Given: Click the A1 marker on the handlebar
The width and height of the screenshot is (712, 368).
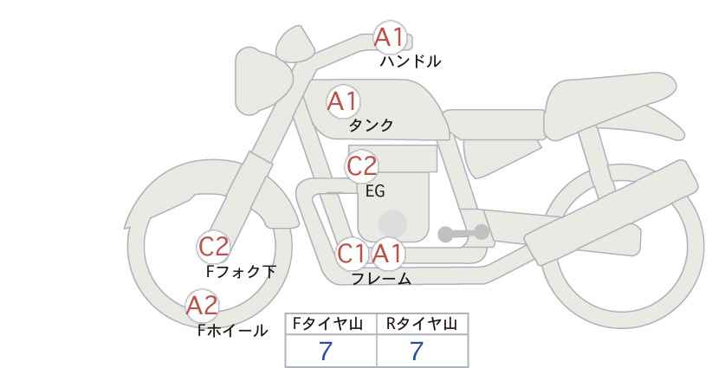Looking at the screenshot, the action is [390, 37].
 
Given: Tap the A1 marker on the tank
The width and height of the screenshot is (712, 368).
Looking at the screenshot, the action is [343, 101].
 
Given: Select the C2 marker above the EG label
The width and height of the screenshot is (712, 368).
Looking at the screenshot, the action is [362, 166].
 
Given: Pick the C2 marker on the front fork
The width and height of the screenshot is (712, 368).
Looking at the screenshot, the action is [213, 248].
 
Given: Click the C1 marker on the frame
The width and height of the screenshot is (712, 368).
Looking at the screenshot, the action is [352, 254].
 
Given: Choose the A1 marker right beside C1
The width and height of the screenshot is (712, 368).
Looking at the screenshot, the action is [387, 254].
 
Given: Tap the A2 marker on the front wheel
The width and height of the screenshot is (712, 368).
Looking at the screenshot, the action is [203, 306].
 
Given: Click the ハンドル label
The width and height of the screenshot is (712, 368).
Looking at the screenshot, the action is [410, 61].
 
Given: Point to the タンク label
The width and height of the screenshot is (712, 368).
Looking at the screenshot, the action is [371, 126].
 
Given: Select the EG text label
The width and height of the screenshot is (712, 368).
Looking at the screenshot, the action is [376, 191].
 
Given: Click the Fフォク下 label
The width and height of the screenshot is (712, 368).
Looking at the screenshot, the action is [241, 272].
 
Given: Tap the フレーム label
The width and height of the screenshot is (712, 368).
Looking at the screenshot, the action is [381, 278].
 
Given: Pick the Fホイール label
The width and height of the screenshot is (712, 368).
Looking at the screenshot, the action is [232, 331].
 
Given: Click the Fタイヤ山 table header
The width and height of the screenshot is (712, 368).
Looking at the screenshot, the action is [327, 324].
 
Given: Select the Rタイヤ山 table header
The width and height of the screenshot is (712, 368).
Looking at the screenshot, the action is [422, 324].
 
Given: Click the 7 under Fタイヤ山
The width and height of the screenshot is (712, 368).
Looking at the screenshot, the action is [326, 352].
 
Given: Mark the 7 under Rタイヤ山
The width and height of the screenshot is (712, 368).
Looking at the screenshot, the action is [417, 352].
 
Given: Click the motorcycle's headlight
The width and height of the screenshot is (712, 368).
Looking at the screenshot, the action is [264, 81].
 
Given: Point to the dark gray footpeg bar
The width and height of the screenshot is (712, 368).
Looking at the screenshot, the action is [463, 233].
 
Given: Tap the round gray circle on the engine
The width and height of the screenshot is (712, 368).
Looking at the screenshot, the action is [392, 223].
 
